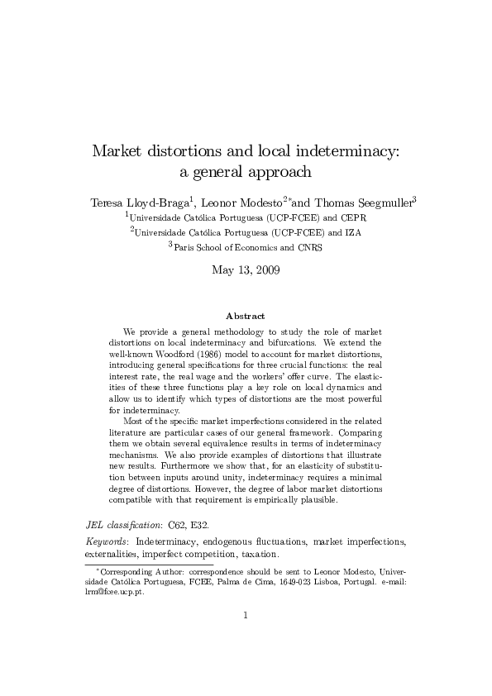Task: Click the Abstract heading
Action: click(246, 316)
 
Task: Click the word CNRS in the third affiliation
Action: click(309, 247)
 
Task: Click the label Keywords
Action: click(107, 541)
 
